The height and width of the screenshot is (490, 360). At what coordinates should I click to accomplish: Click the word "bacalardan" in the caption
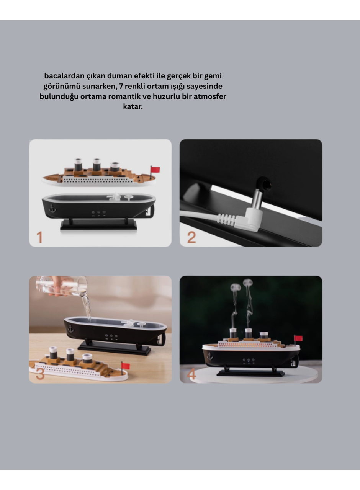pos(63,76)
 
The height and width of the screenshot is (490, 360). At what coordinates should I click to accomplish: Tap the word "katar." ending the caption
pos(133,106)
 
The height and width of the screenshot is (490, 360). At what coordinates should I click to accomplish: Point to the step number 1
pos(39,237)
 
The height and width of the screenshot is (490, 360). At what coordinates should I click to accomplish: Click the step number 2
pos(191,237)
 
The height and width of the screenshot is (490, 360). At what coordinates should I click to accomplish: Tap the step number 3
pos(40,374)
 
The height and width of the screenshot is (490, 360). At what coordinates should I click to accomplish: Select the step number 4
pos(192,374)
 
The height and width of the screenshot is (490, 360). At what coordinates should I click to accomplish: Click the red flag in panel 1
pos(155,170)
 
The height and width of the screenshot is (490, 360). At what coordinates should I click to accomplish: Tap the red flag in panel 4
pos(298,338)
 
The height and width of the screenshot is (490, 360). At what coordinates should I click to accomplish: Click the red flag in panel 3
pos(126,366)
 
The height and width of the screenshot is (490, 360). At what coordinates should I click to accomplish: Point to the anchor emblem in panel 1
pos(52,209)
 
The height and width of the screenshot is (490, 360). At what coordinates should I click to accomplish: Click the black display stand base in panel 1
pos(98,225)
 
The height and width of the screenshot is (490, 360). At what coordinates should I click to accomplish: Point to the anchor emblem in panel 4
pos(209,356)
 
